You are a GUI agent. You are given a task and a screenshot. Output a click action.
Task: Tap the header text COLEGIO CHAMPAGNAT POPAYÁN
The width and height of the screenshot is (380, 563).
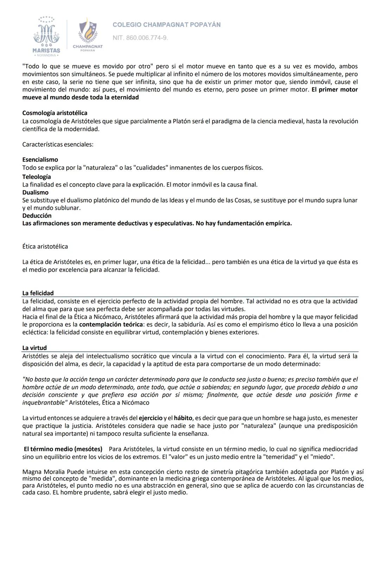tap(166, 25)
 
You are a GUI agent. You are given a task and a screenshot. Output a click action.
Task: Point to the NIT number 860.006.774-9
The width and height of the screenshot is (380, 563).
tap(140, 38)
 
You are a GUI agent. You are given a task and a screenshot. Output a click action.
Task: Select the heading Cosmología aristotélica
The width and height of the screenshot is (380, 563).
tap(55, 113)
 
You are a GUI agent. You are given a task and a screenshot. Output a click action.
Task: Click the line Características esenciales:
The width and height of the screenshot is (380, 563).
tap(58, 144)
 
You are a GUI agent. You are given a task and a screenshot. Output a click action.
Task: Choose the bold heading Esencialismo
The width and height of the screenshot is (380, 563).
tap(40, 160)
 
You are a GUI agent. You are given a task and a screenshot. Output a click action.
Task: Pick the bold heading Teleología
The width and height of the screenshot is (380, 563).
tap(37, 177)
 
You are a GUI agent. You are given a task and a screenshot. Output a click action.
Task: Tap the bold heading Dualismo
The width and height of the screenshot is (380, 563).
tap(35, 193)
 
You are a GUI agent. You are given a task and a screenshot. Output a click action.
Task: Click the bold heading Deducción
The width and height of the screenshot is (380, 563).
tap(37, 215)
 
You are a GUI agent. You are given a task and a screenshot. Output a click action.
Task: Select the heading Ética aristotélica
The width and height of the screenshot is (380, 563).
tap(45, 246)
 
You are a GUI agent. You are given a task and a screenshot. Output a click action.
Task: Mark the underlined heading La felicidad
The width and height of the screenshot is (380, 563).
tap(38, 293)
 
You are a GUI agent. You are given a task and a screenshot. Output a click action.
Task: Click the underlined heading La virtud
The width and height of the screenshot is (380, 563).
tap(34, 348)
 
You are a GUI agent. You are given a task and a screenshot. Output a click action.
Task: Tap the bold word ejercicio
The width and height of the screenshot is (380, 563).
tap(151, 418)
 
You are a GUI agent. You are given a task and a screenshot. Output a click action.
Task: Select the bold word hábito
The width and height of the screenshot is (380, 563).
tap(183, 418)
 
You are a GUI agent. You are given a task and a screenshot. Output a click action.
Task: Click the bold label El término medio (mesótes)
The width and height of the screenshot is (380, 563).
tap(63, 449)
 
